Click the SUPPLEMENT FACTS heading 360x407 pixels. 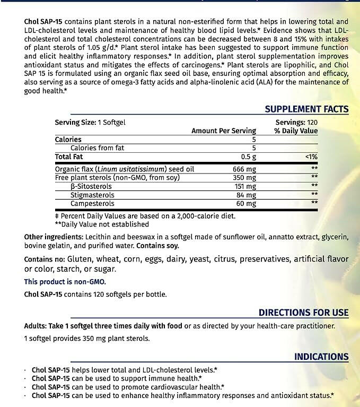306,109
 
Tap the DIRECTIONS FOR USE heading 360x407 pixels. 303,313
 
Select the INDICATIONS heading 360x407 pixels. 321,357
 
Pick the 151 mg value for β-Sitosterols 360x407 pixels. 245,186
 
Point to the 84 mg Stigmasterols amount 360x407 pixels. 247,195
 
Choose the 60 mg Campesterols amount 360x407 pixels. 247,203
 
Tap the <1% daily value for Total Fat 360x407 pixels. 311,157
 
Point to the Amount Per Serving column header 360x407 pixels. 224,131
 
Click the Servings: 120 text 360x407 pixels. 297,122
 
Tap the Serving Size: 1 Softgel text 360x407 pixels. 90,122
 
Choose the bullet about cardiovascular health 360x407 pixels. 127,387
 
